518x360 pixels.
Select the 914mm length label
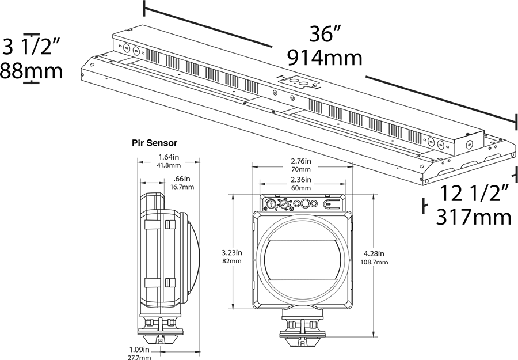(325, 58)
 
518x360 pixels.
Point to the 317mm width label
(474, 217)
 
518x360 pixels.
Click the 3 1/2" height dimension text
(32, 46)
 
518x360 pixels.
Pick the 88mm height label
(31, 71)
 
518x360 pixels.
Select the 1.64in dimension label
(169, 157)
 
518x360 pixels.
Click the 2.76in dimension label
(300, 161)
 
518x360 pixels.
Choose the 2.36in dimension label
(300, 180)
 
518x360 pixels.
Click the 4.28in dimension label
(374, 253)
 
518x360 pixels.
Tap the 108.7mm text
(374, 262)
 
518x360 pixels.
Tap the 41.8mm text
(169, 165)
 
